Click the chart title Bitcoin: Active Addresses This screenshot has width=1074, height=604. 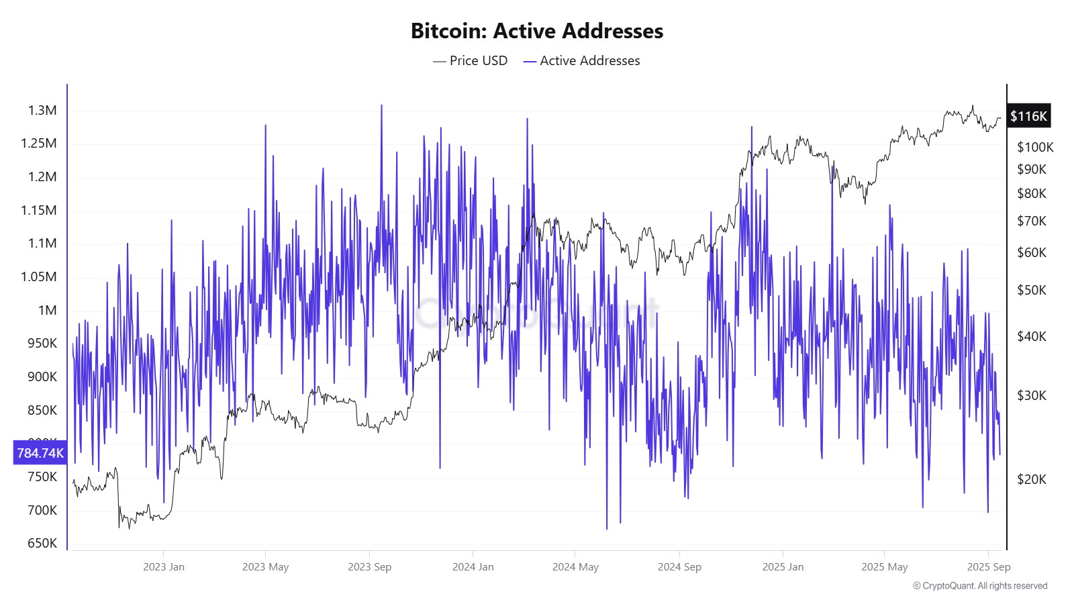(536, 31)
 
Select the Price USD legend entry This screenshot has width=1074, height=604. (471, 60)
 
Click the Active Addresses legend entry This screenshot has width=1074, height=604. (582, 60)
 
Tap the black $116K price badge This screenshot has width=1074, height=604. (1028, 116)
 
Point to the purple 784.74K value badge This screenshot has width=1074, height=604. (40, 453)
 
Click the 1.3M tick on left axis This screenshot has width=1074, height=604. (42, 110)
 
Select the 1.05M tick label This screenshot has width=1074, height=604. (39, 276)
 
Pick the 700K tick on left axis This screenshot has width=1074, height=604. (42, 510)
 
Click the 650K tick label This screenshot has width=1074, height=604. (42, 543)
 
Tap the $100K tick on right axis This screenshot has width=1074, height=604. (1035, 147)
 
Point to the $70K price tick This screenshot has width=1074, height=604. (1032, 221)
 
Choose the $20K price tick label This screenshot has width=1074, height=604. (1032, 479)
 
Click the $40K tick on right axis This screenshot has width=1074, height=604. (1032, 336)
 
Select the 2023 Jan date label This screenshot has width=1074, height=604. (164, 567)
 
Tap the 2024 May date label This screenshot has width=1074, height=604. (575, 567)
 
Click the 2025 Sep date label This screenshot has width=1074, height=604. (988, 567)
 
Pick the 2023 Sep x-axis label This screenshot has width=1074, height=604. (369, 567)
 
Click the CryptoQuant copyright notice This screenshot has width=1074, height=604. (980, 586)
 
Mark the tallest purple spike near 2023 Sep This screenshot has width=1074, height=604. (381, 106)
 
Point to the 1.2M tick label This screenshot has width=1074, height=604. (42, 177)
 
